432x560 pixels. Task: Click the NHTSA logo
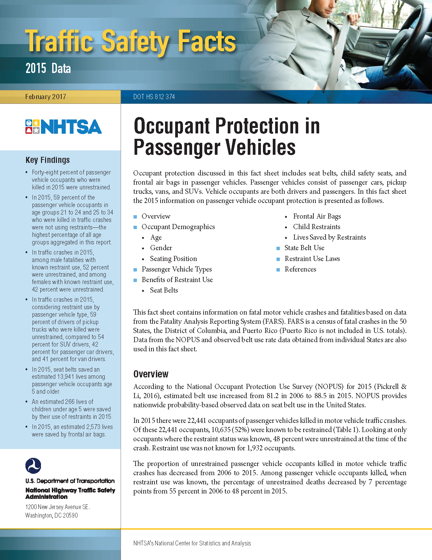pyautogui.click(x=63, y=127)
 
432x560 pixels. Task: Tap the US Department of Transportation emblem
pyautogui.click(x=33, y=466)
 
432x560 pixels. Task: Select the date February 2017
pyautogui.click(x=45, y=97)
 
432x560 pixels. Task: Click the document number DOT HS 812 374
pyautogui.click(x=154, y=97)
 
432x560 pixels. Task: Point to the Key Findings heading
pyautogui.click(x=47, y=160)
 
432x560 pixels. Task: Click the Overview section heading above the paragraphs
pyautogui.click(x=151, y=374)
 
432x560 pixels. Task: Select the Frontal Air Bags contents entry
pyautogui.click(x=317, y=216)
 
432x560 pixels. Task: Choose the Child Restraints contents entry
pyautogui.click(x=316, y=227)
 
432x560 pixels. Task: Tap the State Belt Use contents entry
pyautogui.click(x=304, y=248)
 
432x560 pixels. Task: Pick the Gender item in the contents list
pyautogui.click(x=161, y=248)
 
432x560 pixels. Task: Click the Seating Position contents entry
pyautogui.click(x=173, y=259)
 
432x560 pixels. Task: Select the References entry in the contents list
pyautogui.click(x=300, y=269)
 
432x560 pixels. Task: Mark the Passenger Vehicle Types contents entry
pyautogui.click(x=177, y=269)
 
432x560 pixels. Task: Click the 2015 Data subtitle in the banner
pyautogui.click(x=48, y=69)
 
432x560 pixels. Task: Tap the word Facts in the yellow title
pyautogui.click(x=207, y=41)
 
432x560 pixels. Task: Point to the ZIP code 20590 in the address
pyautogui.click(x=70, y=515)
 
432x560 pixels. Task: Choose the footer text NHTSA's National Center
pyautogui.click(x=192, y=543)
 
